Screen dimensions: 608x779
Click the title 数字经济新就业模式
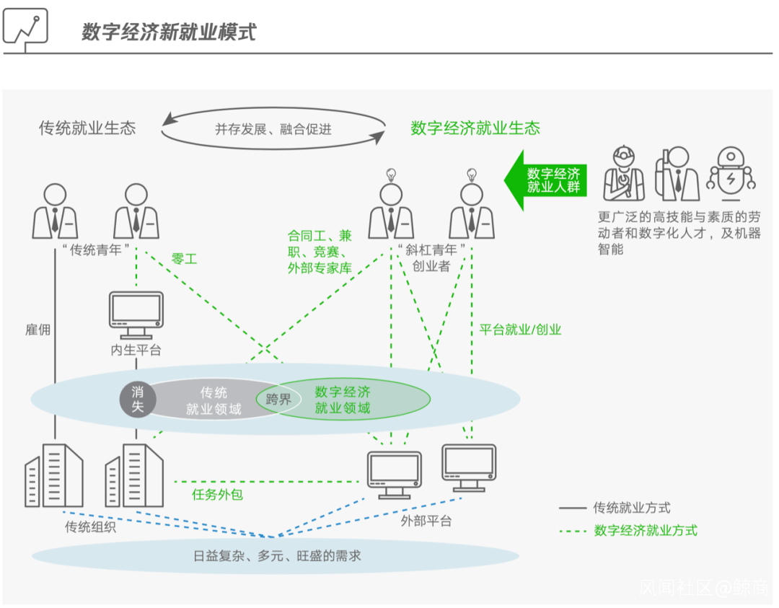tap(169, 32)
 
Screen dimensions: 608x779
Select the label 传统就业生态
tap(87, 128)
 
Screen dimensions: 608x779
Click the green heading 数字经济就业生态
tap(475, 128)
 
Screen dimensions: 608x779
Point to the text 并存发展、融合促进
tap(273, 130)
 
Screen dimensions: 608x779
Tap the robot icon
tap(731, 173)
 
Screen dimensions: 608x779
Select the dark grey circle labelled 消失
tap(138, 399)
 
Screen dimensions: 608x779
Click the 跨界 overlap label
tap(278, 400)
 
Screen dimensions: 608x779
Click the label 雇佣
tap(38, 330)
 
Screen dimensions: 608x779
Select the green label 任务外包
tap(217, 494)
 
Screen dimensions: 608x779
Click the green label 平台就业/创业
tap(520, 330)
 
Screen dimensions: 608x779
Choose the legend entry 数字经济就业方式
tap(645, 531)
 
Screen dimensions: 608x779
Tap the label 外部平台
tap(426, 520)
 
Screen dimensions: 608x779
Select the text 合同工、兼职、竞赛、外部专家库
tap(320, 252)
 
